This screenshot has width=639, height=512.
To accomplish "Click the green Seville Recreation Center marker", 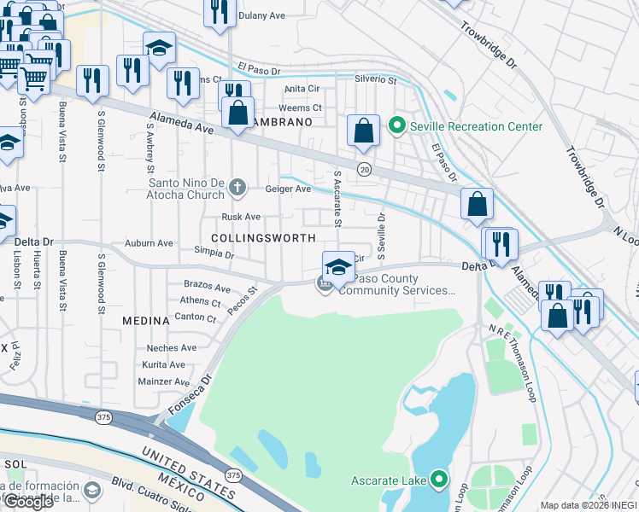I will pyautogui.click(x=396, y=126).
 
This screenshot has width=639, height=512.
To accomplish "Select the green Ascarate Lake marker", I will pyautogui.click(x=439, y=481).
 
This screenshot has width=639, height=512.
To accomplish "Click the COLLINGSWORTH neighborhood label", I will pyautogui.click(x=262, y=238).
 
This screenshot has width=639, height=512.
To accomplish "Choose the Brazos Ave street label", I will pyautogui.click(x=207, y=287).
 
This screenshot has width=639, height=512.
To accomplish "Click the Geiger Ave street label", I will pyautogui.click(x=288, y=189).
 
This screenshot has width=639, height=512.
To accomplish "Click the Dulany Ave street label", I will pyautogui.click(x=261, y=15).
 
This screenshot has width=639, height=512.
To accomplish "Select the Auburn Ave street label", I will pyautogui.click(x=149, y=243).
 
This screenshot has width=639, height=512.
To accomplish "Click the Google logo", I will pyautogui.click(x=28, y=502).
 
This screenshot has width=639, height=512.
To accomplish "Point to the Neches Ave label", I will pyautogui.click(x=171, y=348).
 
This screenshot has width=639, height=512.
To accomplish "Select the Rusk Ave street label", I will pyautogui.click(x=241, y=218).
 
